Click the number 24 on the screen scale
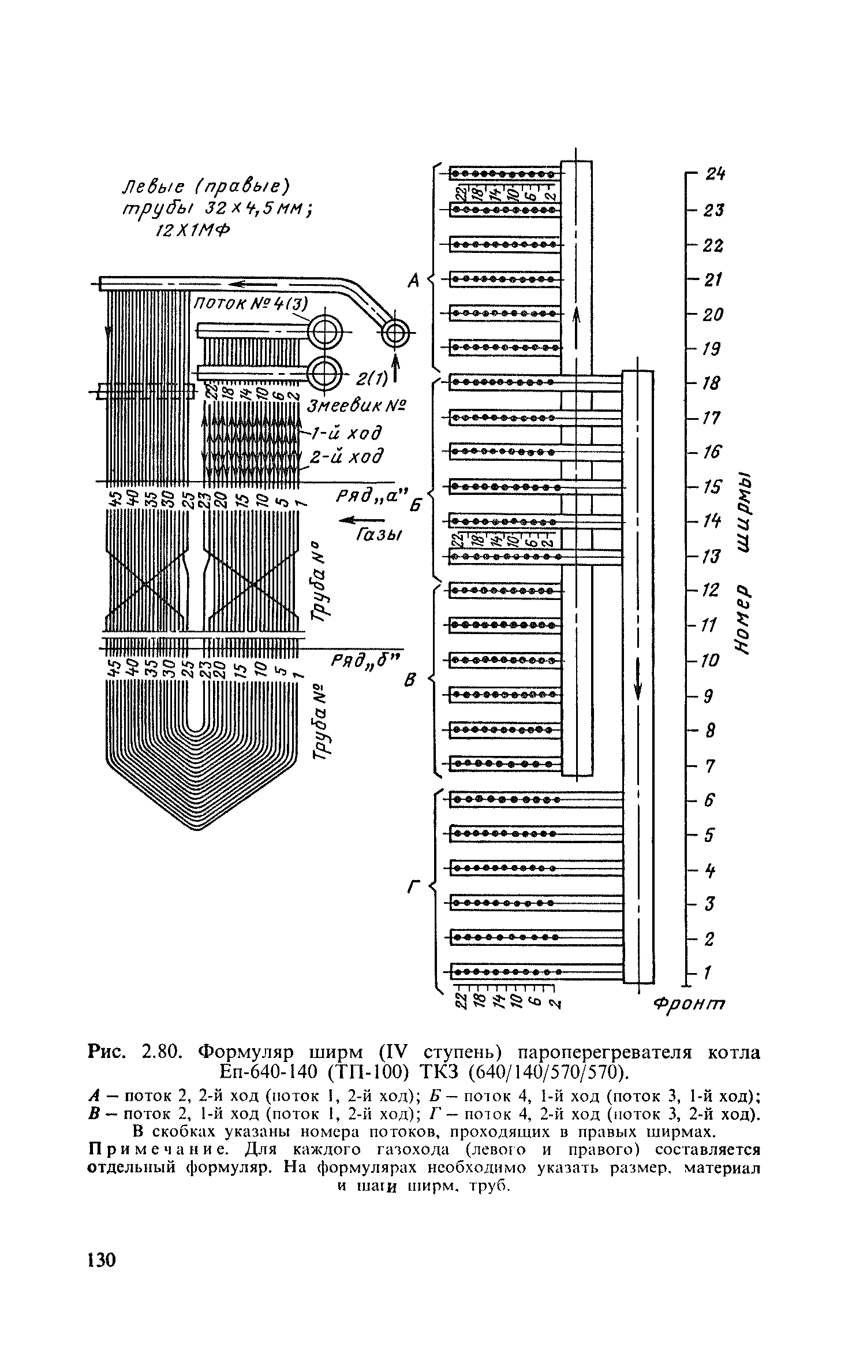point(714,174)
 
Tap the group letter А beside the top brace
point(413,281)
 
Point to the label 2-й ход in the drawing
point(346,457)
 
